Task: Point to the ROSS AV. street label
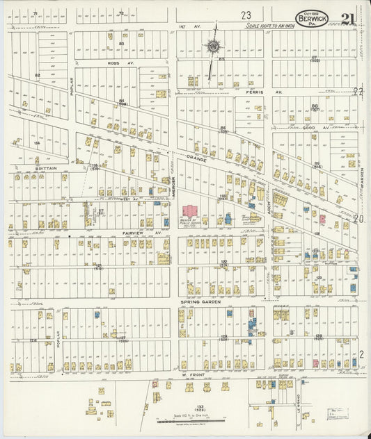click(x=115, y=62)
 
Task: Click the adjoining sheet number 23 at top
click(x=246, y=15)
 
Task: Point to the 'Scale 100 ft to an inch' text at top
click(x=271, y=26)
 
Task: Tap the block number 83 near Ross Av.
click(x=121, y=44)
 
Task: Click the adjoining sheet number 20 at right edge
click(x=359, y=218)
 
